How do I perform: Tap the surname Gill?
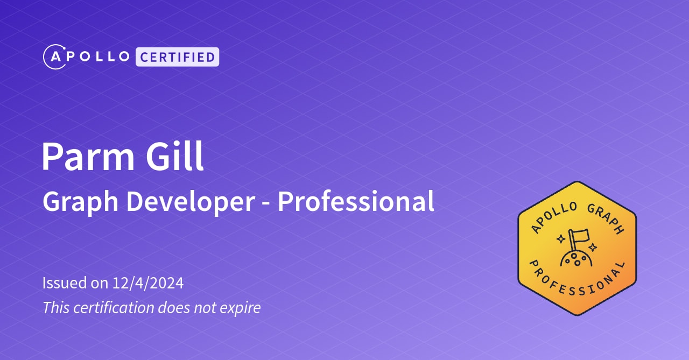click(x=177, y=157)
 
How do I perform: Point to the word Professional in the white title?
click(x=356, y=202)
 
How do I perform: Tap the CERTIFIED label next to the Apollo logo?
click(x=177, y=57)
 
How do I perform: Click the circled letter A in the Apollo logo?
click(x=54, y=57)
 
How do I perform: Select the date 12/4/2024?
click(x=148, y=283)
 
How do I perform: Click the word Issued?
click(x=64, y=283)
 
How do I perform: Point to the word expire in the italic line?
click(x=241, y=308)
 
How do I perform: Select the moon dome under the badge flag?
click(x=576, y=259)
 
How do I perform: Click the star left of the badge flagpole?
click(x=561, y=237)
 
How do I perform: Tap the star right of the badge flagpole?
click(x=593, y=248)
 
